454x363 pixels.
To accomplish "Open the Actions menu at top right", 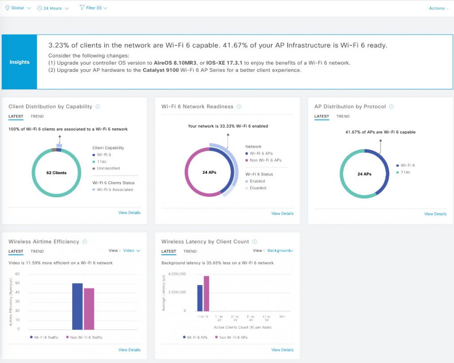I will pyautogui.click(x=438, y=8).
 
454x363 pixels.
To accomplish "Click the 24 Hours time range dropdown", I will pyautogui.click(x=53, y=8).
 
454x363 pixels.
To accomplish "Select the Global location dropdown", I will pyautogui.click(x=18, y=8).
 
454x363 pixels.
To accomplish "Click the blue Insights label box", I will pyautogui.click(x=20, y=62).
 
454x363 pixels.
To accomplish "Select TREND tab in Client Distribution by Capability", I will pyautogui.click(x=37, y=117).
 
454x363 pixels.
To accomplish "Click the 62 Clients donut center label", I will pyautogui.click(x=56, y=173).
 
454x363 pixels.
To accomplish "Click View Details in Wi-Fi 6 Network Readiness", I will pyautogui.click(x=282, y=214).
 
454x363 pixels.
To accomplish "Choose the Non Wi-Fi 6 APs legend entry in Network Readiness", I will pyautogui.click(x=266, y=160).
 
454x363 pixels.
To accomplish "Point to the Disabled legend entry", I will pyautogui.click(x=258, y=188).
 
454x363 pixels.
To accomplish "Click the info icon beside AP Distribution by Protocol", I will pyautogui.click(x=391, y=107).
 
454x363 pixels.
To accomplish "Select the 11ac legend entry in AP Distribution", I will pyautogui.click(x=405, y=172).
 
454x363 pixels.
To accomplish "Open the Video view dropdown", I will pyautogui.click(x=131, y=251).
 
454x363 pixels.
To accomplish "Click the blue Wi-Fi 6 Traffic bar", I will pyautogui.click(x=77, y=306).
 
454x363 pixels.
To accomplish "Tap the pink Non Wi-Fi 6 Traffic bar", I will pyautogui.click(x=89, y=309).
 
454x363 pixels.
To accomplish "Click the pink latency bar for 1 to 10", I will pyautogui.click(x=206, y=293).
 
